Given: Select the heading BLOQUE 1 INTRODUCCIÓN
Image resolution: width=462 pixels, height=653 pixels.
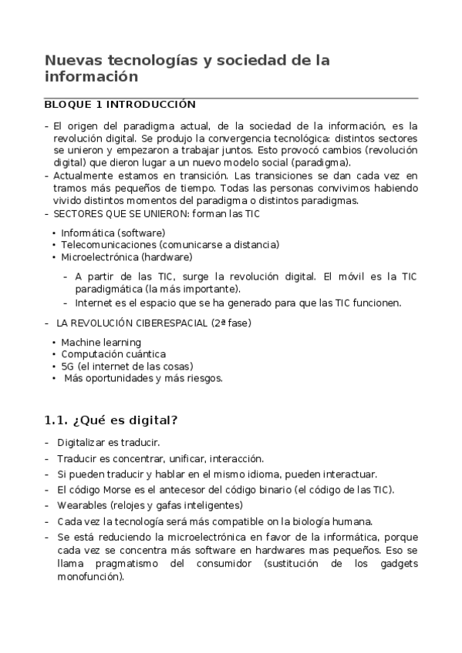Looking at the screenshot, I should point(120,104).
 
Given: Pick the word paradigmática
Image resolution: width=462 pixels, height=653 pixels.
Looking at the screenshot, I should point(109,289).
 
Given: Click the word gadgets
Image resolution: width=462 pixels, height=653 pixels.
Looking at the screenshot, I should point(399,564).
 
